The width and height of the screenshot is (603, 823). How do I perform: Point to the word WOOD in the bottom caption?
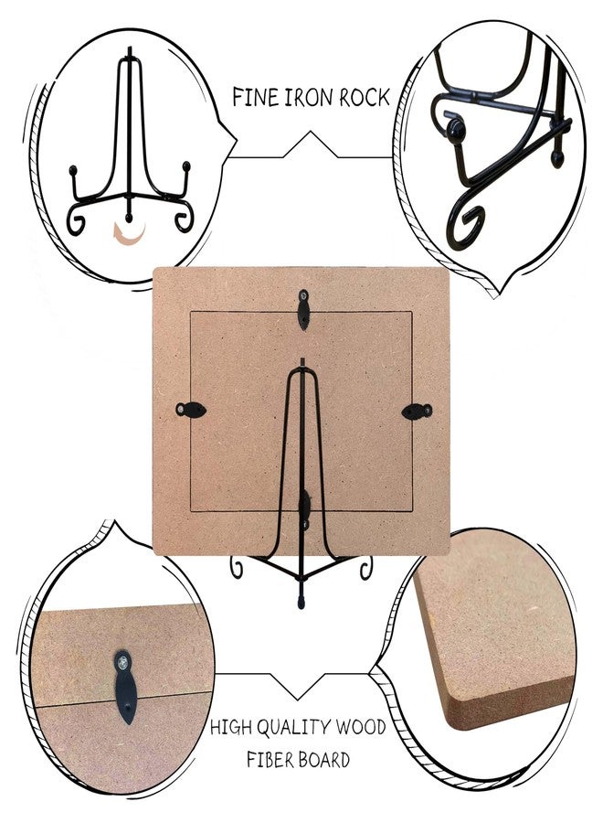(361, 727)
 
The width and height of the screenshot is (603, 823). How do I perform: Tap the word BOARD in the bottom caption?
(325, 760)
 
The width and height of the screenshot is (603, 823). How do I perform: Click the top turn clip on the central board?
(302, 310)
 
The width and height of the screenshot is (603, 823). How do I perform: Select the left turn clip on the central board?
(190, 410)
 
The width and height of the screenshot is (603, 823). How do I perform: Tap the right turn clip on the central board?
(417, 411)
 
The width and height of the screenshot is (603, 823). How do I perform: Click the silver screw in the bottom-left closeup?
(122, 662)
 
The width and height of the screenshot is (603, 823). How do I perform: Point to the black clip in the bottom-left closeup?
(124, 687)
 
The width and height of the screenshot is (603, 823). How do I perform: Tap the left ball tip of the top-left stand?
(73, 170)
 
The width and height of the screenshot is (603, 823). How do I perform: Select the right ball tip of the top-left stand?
(186, 166)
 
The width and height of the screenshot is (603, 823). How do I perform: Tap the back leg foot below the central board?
(301, 600)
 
